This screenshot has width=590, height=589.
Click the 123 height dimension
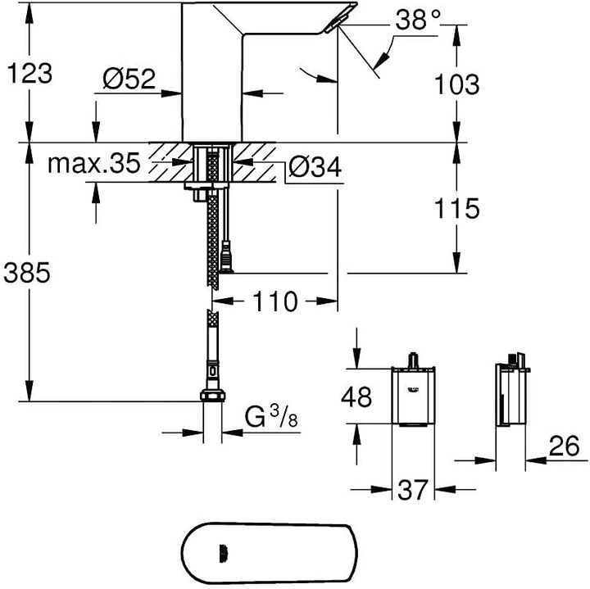tap(30, 74)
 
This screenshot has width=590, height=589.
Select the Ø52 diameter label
tap(129, 79)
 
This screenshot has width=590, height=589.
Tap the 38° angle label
tap(418, 20)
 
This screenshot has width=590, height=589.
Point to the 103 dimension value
tap(456, 84)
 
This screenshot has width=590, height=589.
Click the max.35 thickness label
tap(94, 163)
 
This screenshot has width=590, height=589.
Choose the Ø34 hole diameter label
tap(315, 166)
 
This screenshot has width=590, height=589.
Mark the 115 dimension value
tap(456, 208)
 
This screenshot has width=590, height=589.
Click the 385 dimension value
tap(27, 272)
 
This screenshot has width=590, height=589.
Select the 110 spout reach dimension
tap(275, 301)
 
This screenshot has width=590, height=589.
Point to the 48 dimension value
tap(356, 396)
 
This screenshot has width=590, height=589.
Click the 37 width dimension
tap(413, 489)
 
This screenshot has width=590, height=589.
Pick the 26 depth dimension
tap(564, 446)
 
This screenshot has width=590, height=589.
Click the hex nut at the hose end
tap(212, 396)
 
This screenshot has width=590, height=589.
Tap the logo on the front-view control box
tap(412, 390)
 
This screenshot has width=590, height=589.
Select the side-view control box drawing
tap(511, 390)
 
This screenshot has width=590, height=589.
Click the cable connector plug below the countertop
tap(226, 257)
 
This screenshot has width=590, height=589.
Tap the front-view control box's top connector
tap(413, 360)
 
